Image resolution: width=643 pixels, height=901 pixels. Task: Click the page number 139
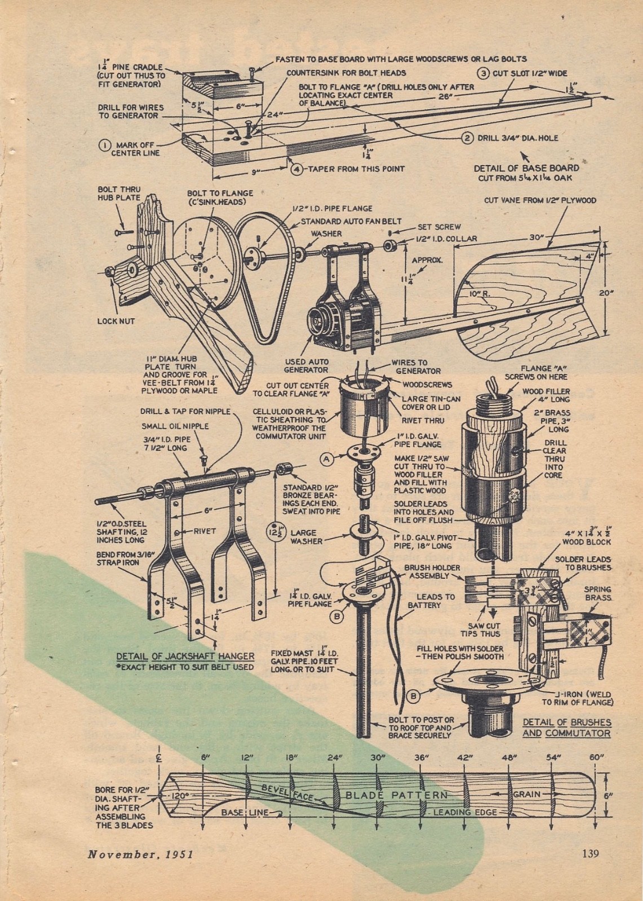(x=591, y=853)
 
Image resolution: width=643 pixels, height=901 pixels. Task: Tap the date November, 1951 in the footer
(x=141, y=853)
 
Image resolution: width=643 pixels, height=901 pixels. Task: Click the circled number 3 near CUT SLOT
(x=484, y=73)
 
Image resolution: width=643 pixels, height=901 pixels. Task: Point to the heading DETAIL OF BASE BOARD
(x=526, y=168)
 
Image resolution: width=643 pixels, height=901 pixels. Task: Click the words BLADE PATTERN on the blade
(x=396, y=795)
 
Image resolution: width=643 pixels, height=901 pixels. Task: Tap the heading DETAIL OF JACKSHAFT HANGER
(x=185, y=656)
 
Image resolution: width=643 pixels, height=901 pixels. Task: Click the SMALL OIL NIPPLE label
(x=167, y=426)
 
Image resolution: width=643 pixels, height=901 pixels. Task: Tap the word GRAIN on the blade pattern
(x=526, y=795)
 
